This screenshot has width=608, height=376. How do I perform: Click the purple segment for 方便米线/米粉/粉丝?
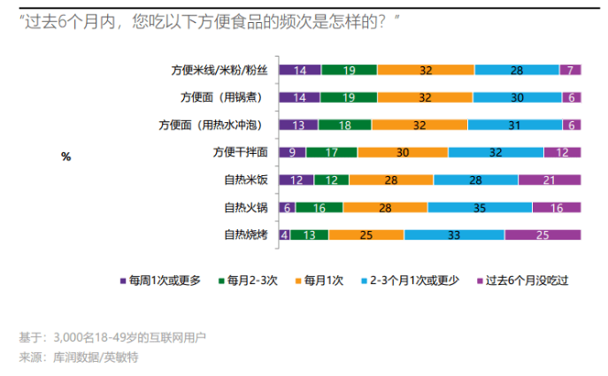pos(300,70)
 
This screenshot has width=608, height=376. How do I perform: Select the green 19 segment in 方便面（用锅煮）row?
pos(349,97)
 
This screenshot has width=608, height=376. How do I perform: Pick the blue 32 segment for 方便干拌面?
pos(496,152)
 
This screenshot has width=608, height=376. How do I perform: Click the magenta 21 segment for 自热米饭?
pos(550,180)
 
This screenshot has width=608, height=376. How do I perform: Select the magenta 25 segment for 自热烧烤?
pos(543,235)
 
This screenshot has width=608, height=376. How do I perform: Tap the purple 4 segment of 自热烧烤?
pos(284,235)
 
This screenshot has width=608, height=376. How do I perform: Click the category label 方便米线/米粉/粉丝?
pos(219,70)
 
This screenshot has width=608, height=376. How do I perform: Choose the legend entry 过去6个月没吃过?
pos(526,280)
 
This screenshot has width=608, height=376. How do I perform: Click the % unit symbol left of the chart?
pos(65,157)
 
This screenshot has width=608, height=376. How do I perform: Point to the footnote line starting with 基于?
pos(115,337)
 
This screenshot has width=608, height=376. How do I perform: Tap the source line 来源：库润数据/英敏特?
pos(79,357)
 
